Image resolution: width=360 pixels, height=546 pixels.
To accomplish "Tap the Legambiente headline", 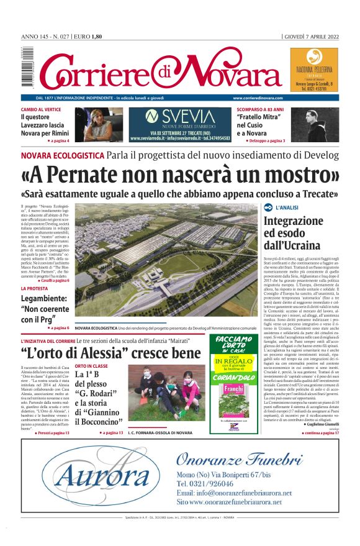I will (x=44, y=309).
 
